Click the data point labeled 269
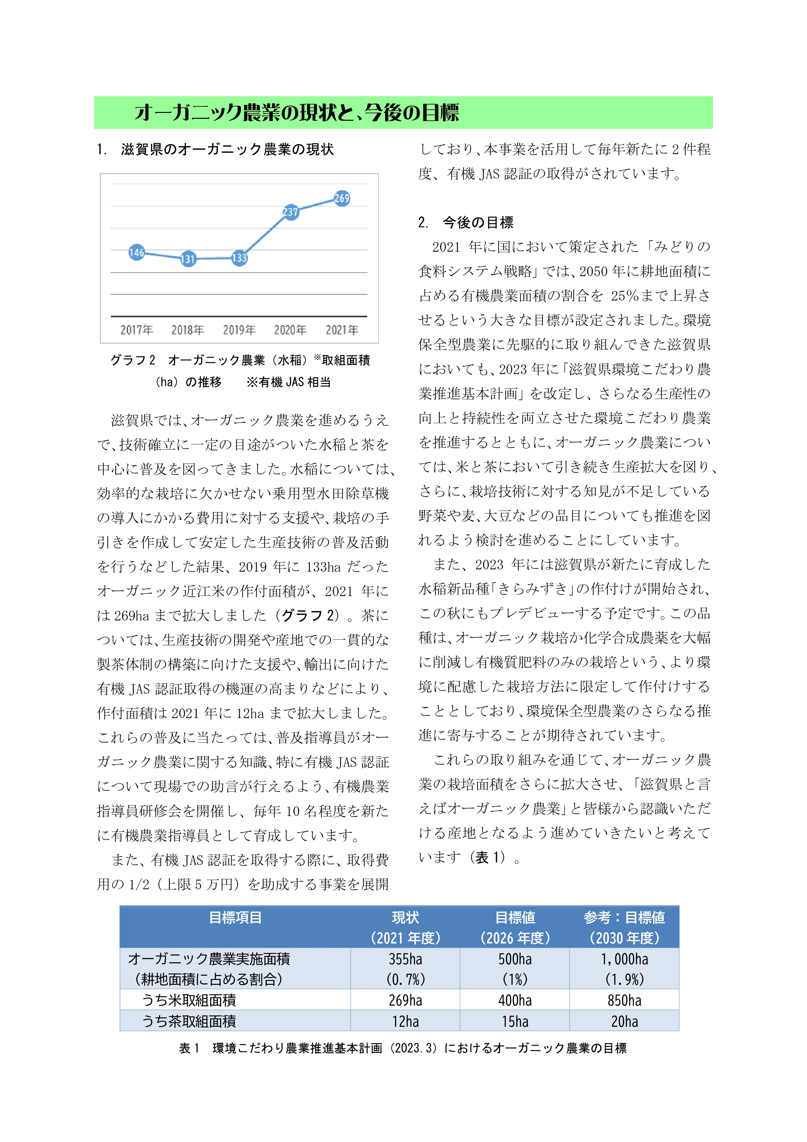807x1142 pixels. [342, 199]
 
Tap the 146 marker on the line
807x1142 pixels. [136, 253]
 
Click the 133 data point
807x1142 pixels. [239, 258]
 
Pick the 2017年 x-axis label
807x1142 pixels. [136, 330]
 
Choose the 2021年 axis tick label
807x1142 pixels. [342, 330]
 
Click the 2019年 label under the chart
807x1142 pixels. [239, 330]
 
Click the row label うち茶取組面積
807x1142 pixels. [189, 1022]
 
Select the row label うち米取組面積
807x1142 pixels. [189, 1000]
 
